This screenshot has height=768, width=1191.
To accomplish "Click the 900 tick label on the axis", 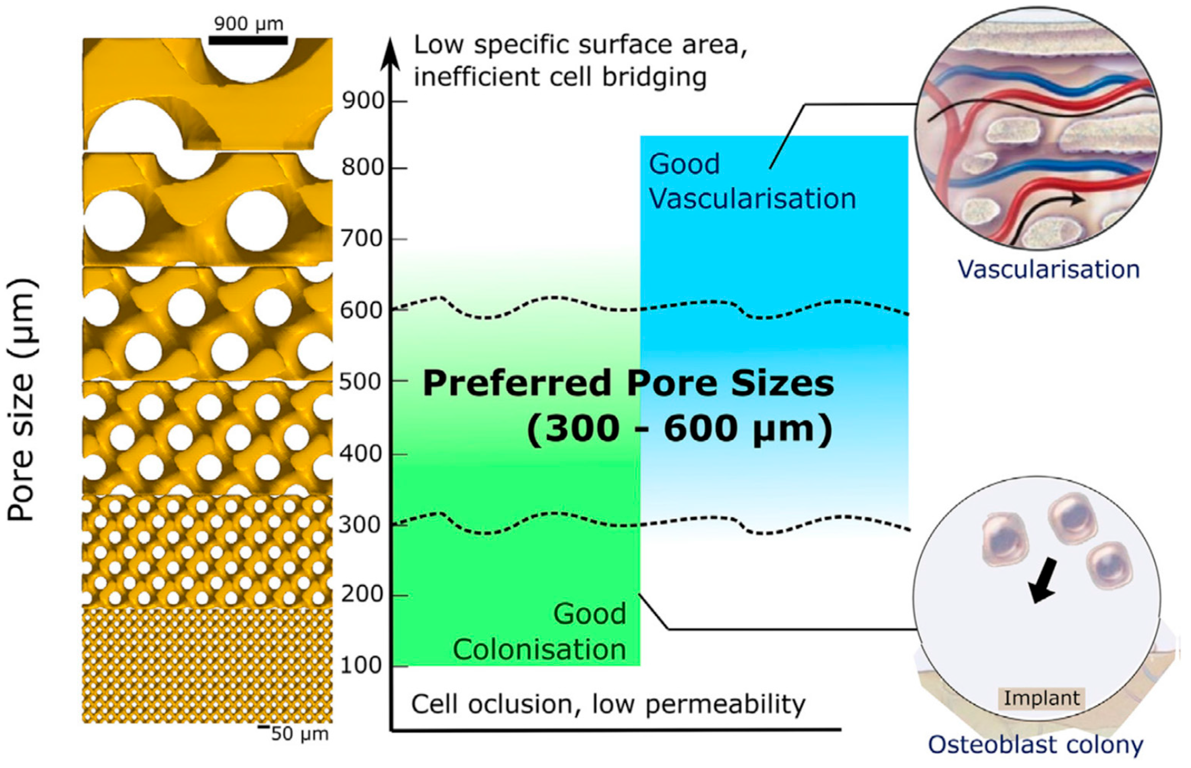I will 363,101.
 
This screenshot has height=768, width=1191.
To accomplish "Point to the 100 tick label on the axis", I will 360,666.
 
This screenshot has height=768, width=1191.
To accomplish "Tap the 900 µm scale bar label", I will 248,24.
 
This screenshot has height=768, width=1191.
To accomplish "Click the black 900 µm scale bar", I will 248,40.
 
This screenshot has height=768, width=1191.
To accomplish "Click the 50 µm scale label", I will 299,734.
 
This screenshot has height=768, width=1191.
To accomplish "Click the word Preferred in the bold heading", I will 517,383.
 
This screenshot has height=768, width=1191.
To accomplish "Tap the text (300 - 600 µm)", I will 680,429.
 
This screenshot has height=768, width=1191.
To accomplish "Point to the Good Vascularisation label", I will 752,182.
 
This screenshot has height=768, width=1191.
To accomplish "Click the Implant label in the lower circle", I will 1041,698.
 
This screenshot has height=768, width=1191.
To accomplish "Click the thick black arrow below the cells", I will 1043,581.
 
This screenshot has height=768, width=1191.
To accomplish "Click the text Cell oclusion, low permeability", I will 608,704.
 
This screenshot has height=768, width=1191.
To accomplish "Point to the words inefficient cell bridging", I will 560,77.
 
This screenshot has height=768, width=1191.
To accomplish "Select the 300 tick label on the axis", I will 360,525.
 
